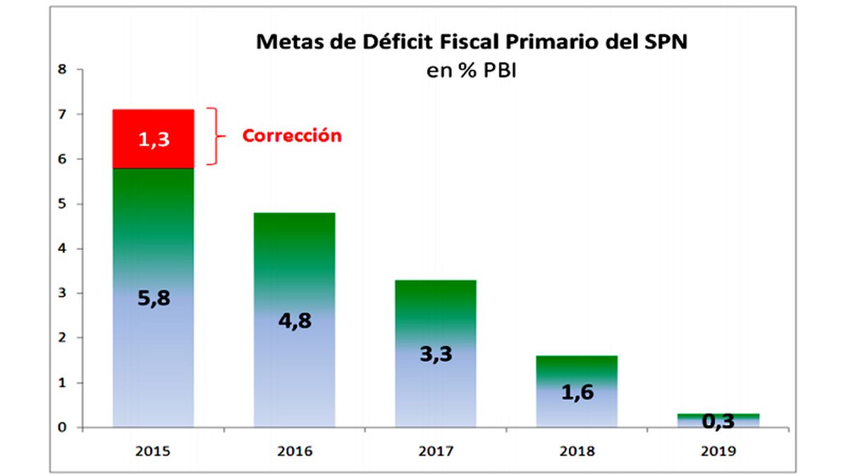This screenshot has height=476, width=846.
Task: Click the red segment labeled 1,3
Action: click(153, 139)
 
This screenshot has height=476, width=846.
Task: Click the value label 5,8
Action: click(154, 298)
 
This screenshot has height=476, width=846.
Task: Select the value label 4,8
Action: click(295, 321)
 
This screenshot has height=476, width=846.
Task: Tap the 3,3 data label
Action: click(436, 354)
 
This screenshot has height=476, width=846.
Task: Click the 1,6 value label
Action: click(577, 393)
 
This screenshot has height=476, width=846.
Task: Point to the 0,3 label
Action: click(718, 422)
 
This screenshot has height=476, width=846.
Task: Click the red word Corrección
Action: click(292, 136)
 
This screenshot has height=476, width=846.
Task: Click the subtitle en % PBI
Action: click(472, 71)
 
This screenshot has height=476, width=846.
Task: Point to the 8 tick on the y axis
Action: click(63, 69)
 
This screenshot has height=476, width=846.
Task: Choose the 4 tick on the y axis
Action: click(63, 248)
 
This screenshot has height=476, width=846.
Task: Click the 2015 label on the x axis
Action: click(154, 451)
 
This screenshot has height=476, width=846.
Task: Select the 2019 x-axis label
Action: click(718, 451)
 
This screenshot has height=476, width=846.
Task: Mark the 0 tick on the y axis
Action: click(63, 427)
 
